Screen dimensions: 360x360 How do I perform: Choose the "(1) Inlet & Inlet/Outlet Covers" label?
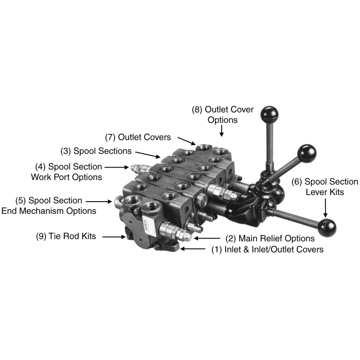point(267,249)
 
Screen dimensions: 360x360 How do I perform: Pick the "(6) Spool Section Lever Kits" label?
point(325,187)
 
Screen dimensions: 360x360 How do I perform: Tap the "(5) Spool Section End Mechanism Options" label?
point(48,205)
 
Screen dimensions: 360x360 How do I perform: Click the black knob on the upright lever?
point(268,113)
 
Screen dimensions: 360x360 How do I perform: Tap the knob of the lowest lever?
point(327,226)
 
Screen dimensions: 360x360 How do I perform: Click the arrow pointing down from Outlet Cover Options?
point(221,131)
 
